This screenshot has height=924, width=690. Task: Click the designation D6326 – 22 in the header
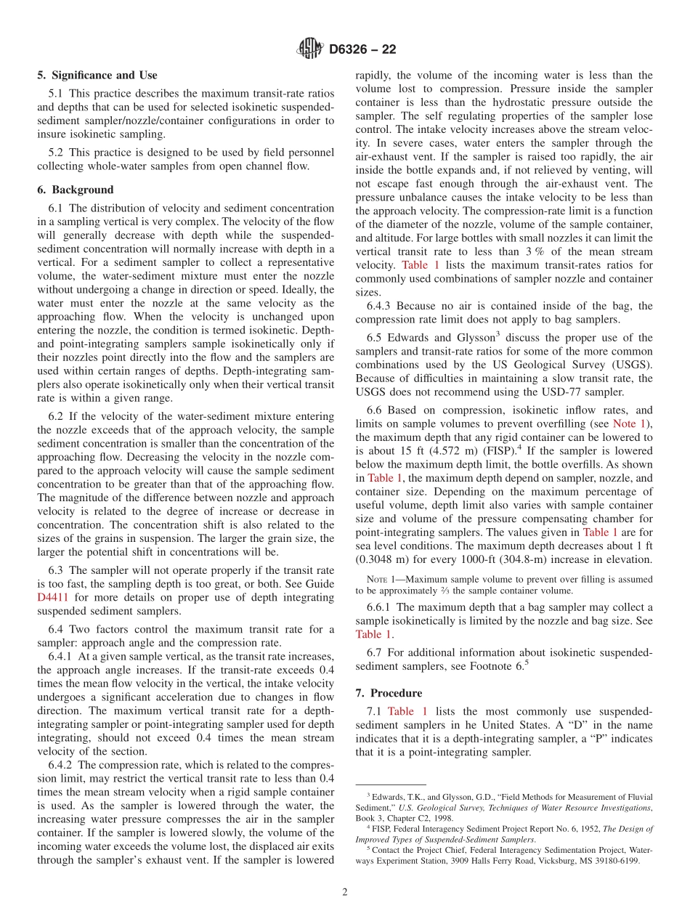(x=362, y=50)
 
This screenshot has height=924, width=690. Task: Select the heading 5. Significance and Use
(x=97, y=75)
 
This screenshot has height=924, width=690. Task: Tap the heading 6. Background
(x=76, y=190)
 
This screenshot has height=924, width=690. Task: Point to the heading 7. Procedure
(x=389, y=693)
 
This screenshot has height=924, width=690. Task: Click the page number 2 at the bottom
(x=345, y=893)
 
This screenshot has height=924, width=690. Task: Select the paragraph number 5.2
(x=57, y=152)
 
